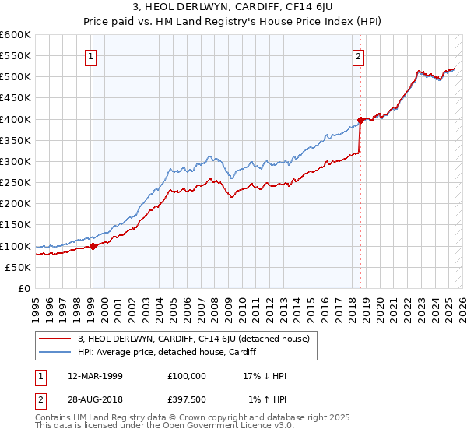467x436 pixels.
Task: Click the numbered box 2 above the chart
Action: click(358, 55)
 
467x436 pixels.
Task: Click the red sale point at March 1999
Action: click(93, 246)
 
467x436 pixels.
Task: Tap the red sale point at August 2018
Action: click(360, 121)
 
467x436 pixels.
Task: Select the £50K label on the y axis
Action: click(18, 267)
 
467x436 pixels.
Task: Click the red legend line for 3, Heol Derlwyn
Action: click(54, 339)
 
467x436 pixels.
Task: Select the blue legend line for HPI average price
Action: click(54, 352)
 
